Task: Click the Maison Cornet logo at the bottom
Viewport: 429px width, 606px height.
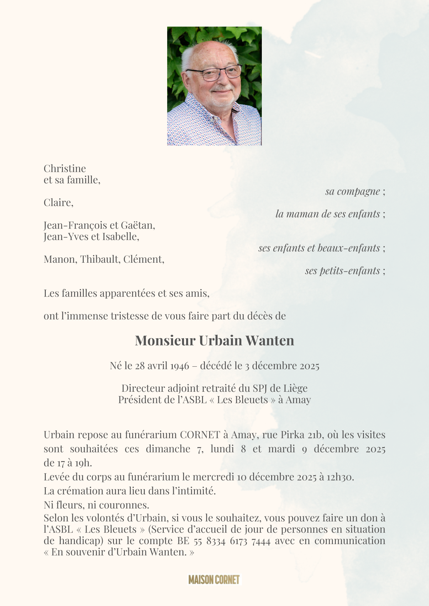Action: pos(214,579)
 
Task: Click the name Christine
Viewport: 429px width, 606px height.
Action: pos(65,169)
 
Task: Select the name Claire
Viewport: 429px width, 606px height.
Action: pos(58,203)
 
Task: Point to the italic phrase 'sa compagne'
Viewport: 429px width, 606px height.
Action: pos(352,192)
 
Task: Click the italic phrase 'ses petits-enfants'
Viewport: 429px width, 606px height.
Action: pos(342,271)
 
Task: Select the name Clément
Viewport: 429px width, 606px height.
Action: pos(144,259)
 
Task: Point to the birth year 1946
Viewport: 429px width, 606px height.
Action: pos(180,366)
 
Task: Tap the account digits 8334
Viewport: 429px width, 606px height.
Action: pos(216,541)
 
